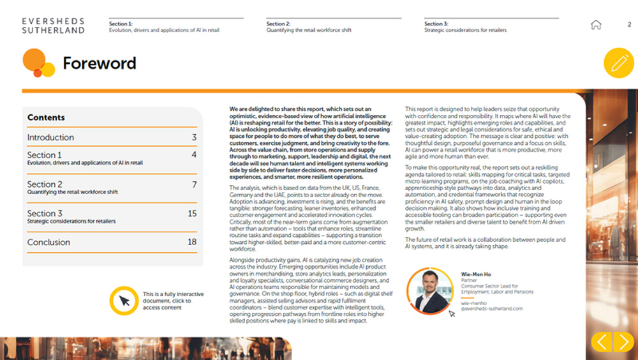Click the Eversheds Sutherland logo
click(x=53, y=26)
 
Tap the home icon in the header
click(x=596, y=25)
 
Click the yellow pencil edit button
click(x=618, y=63)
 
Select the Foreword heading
click(x=99, y=63)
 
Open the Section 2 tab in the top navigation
click(x=309, y=26)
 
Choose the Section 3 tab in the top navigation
click(x=466, y=26)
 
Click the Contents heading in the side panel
click(x=46, y=117)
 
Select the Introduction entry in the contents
click(x=50, y=137)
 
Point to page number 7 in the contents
click(x=194, y=184)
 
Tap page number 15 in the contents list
click(x=192, y=213)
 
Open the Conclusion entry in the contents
click(x=48, y=242)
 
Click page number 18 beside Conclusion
click(x=192, y=242)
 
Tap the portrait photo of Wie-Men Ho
click(x=429, y=291)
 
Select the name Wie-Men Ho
click(x=476, y=274)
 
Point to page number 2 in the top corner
click(x=629, y=25)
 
